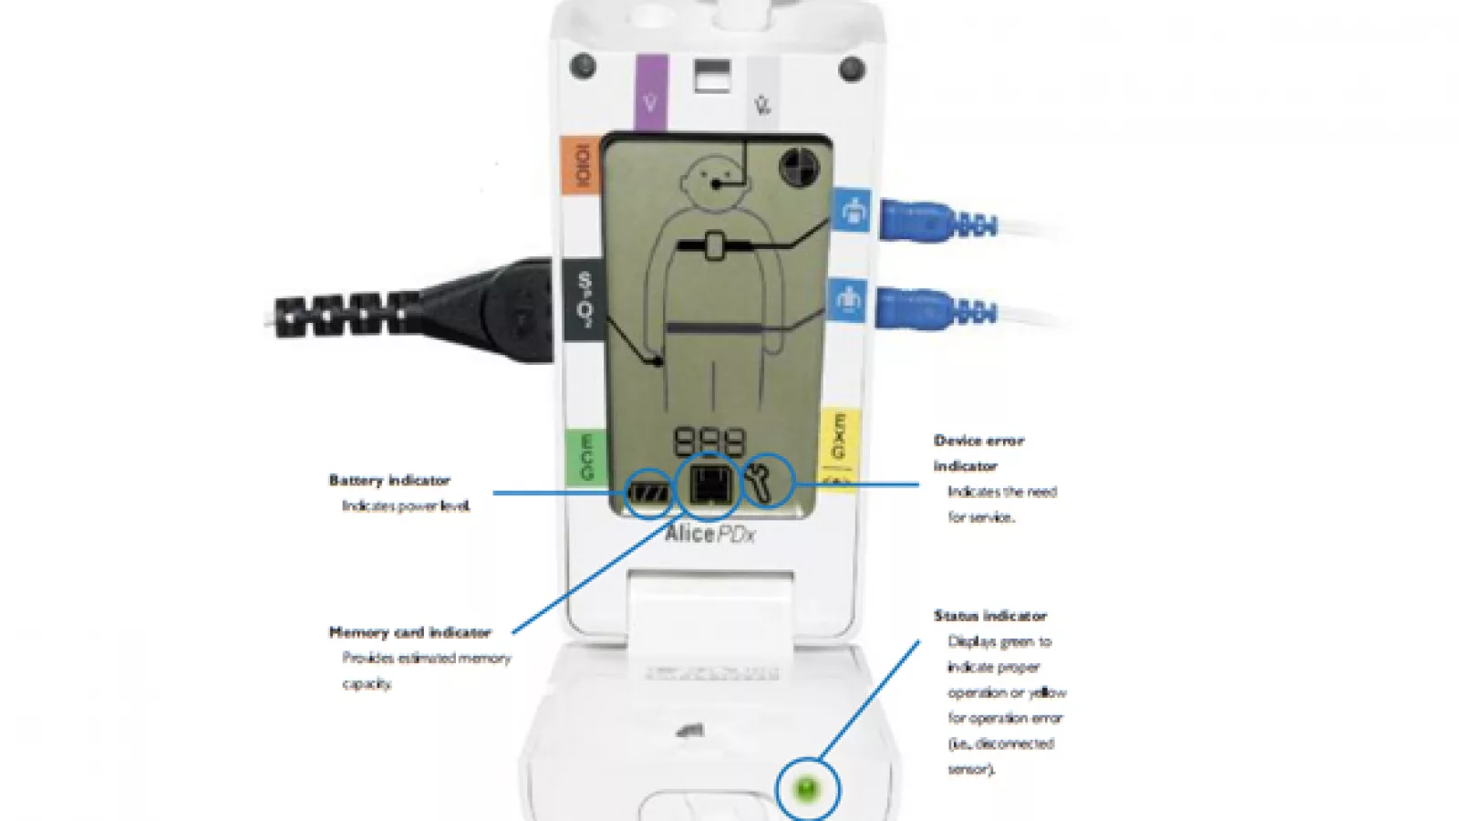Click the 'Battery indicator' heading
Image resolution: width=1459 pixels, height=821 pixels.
389,481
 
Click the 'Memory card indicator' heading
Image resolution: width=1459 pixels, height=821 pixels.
409,632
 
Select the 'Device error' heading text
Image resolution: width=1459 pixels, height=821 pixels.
978,441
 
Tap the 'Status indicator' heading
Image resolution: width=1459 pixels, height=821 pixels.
989,616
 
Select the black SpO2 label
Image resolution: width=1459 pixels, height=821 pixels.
585,299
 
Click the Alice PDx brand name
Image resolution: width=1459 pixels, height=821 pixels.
709,534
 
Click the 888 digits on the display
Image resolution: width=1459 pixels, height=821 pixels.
709,442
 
